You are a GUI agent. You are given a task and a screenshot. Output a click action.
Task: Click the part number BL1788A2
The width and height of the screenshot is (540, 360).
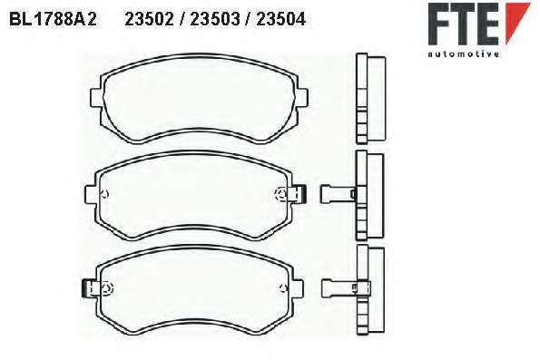pyautogui.click(x=53, y=19)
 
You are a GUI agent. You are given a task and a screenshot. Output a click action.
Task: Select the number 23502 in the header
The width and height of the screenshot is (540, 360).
pyautogui.click(x=149, y=19)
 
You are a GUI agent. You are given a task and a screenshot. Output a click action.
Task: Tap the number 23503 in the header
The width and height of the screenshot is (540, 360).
pyautogui.click(x=215, y=19)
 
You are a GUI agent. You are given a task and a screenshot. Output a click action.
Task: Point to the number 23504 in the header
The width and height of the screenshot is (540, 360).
pyautogui.click(x=281, y=19)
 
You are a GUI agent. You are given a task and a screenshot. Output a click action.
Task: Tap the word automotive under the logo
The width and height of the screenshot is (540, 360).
pyautogui.click(x=464, y=54)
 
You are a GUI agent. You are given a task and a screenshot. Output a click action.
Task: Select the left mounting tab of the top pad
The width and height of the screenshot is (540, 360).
pyautogui.click(x=95, y=98)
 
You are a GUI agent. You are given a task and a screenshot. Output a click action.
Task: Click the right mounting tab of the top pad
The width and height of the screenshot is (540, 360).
pyautogui.click(x=302, y=98)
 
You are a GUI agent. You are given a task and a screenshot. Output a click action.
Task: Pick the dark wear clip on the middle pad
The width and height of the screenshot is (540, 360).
pyautogui.click(x=303, y=194)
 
